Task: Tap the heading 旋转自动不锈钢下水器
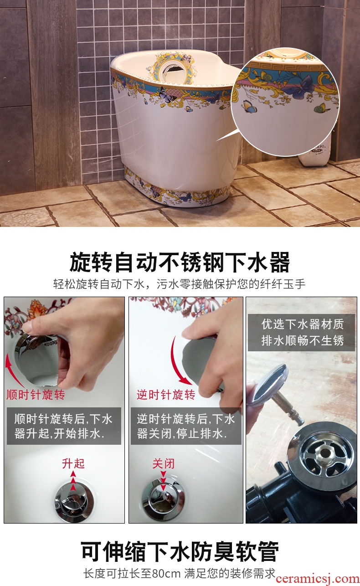pos(180,262)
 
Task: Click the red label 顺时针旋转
pos(36,395)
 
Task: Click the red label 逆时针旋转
pos(166,395)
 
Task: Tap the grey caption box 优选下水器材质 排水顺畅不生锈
pos(301,333)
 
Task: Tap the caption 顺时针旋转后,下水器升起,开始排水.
pos(64,426)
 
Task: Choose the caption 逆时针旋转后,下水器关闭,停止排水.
pos(186,426)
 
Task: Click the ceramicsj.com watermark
pos(318,578)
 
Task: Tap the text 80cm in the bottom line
pos(166,573)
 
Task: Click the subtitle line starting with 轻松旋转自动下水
pos(180,284)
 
